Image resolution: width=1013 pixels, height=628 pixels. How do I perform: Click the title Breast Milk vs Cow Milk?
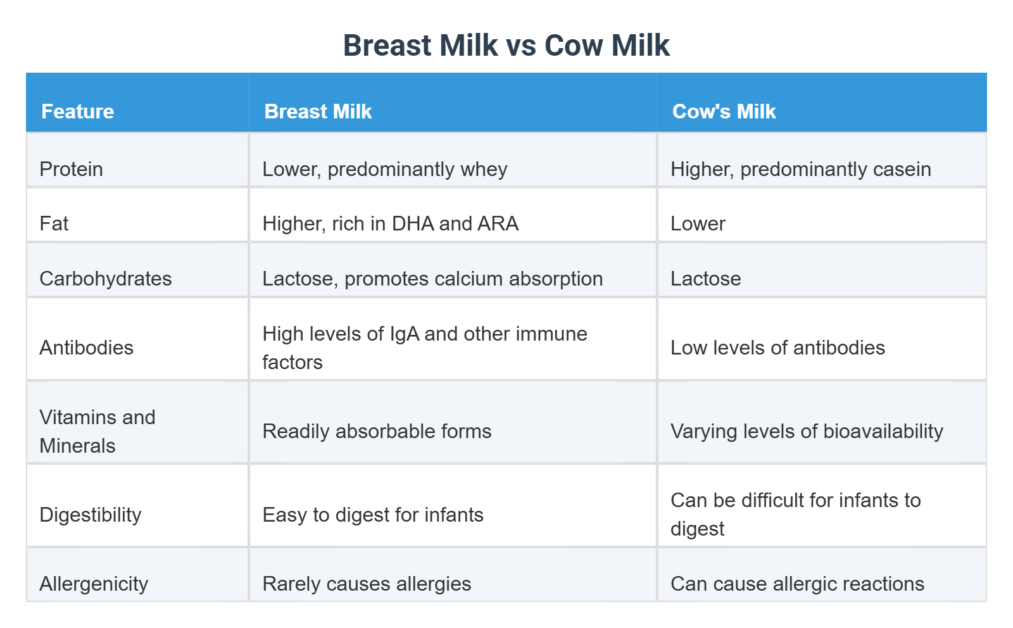(506, 46)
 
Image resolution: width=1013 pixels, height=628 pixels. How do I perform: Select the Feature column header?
(77, 111)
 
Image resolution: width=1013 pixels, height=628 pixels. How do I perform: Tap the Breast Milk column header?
(318, 111)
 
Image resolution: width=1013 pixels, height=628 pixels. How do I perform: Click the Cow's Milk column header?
(724, 111)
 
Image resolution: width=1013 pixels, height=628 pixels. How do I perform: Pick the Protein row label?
(71, 169)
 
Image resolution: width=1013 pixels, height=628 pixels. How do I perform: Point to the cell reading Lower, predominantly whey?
(384, 169)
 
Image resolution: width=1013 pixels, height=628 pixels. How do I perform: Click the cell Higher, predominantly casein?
(800, 169)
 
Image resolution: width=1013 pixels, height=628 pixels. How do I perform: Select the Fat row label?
(54, 223)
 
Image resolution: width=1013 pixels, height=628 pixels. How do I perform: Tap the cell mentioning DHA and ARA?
(390, 223)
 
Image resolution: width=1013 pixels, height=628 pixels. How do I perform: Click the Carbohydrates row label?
(105, 279)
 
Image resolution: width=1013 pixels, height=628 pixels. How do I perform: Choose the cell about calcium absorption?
(432, 279)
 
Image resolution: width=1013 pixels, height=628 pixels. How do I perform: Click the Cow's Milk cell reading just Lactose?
(705, 279)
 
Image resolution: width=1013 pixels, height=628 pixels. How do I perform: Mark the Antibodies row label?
(86, 348)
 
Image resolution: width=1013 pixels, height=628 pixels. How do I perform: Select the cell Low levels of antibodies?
(777, 348)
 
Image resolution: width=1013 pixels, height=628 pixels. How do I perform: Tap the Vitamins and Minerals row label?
(97, 431)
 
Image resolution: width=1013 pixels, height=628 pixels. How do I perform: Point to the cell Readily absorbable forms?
(377, 431)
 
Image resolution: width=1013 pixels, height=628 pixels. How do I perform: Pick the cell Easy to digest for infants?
(372, 515)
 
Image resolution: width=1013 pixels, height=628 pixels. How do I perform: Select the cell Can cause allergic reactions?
(797, 584)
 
